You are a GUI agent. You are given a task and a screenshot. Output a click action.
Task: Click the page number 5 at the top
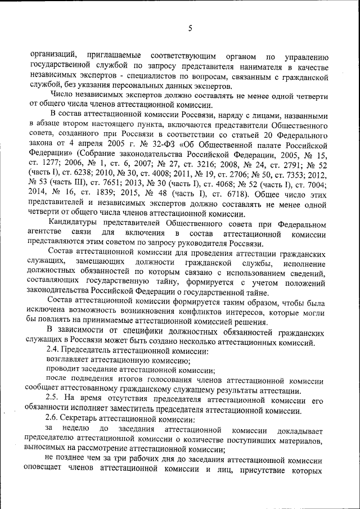tap(190, 28)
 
